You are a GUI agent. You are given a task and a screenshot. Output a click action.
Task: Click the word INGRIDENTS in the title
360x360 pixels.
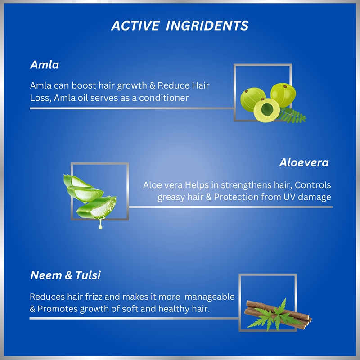(207, 26)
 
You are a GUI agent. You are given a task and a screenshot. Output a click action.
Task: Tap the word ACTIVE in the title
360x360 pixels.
(135, 26)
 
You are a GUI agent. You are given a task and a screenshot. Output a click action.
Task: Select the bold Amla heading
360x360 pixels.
(45, 65)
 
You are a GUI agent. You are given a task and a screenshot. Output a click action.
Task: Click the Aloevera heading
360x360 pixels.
(304, 163)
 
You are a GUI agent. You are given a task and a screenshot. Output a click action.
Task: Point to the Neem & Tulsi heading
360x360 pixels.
(65, 275)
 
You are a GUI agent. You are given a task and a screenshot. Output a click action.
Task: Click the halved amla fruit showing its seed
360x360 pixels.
(266, 110)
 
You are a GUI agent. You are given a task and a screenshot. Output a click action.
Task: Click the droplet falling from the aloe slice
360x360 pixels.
(100, 225)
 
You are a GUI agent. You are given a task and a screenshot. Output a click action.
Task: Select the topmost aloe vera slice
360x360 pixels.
(77, 181)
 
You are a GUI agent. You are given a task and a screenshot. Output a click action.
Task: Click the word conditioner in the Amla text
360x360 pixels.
(164, 98)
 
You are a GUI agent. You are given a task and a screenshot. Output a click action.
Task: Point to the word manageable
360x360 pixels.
(209, 297)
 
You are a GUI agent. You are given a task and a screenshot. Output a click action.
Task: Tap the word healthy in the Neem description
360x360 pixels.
(174, 309)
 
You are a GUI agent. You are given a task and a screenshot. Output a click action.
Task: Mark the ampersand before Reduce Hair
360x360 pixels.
(152, 85)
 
